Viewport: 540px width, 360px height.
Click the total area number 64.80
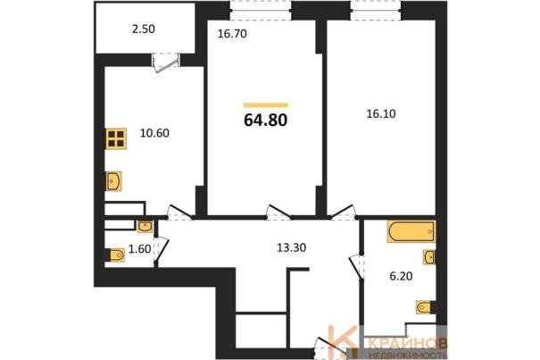pos(265,121)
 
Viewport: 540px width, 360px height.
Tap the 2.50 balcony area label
pos(144,29)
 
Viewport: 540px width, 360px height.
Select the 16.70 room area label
pos(232,34)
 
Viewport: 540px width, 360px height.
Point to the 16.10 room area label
pos(381,113)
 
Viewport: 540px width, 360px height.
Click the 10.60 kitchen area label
pos(154,133)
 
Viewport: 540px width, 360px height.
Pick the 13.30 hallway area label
pos(291,247)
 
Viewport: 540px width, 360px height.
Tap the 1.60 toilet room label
pos(139,248)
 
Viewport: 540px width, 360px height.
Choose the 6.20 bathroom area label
pos(401,276)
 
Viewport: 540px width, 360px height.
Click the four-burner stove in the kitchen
pos(116,138)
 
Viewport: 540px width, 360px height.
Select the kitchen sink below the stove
pos(113,181)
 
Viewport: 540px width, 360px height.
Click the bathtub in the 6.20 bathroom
pos(411,231)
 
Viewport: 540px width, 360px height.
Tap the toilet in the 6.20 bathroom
pos(423,307)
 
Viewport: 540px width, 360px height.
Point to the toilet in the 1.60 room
pos(116,255)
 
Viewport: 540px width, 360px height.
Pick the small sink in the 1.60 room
pos(145,227)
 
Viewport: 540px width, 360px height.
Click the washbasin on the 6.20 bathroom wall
pos(429,257)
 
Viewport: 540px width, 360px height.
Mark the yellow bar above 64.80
pos(265,105)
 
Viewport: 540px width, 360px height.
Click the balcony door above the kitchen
pos(166,63)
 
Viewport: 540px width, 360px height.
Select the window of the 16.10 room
pos(376,11)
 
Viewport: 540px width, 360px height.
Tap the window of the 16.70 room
pos(261,11)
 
